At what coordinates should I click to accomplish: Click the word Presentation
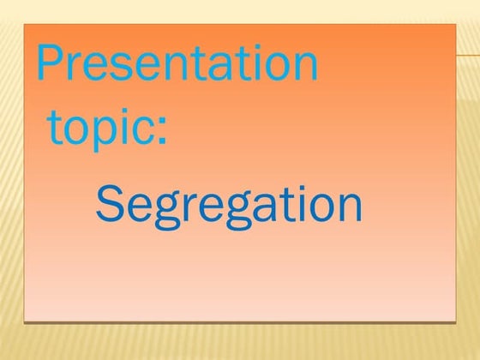[x=177, y=65]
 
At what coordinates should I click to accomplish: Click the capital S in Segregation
[x=109, y=204]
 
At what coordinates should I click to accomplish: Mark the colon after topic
[x=161, y=131]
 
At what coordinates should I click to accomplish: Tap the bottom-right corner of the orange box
[x=456, y=321]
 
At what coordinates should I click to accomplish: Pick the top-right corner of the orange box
[x=456, y=25]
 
